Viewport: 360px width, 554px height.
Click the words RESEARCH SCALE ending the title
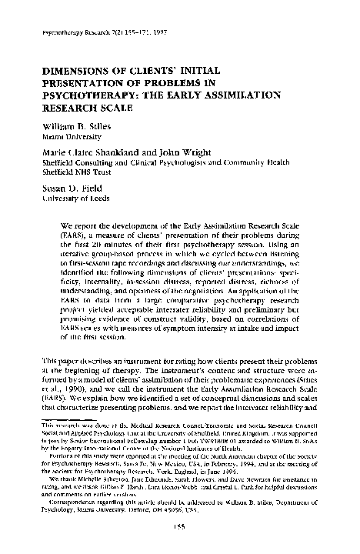click(82, 111)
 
